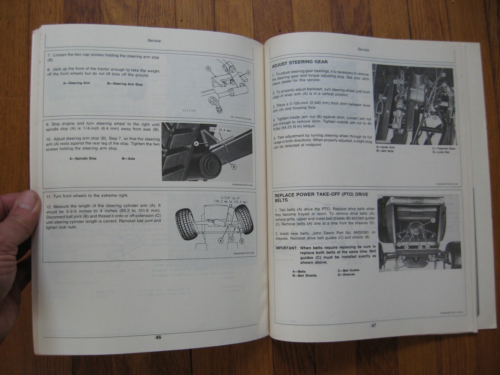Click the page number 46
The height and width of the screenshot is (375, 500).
point(158,337)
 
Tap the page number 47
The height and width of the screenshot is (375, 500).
point(373,326)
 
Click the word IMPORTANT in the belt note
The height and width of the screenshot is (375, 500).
point(286,248)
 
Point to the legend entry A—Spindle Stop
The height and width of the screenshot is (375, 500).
point(83,158)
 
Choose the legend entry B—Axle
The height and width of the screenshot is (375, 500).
point(128,158)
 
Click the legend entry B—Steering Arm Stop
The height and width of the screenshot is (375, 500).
point(125,84)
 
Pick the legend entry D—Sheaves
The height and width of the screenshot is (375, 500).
point(346,275)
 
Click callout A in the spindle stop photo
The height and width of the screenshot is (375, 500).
point(196,143)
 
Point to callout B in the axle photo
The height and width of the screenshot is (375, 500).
point(233,167)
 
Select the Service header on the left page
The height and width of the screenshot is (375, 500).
point(154,41)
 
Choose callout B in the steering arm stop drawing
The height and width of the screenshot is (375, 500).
point(208,68)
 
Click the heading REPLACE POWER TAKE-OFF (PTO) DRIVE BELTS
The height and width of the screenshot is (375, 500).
point(321,197)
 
